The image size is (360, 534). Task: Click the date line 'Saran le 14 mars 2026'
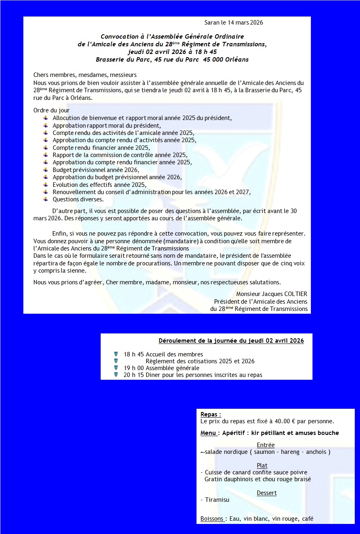click(234, 23)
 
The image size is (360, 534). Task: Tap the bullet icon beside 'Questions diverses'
click(46, 199)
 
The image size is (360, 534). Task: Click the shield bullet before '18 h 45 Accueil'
click(116, 354)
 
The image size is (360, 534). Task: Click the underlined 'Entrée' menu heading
click(265, 445)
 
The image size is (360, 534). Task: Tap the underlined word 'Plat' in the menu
click(262, 466)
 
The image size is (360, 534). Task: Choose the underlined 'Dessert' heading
click(267, 493)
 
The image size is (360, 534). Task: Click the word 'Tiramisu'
click(217, 500)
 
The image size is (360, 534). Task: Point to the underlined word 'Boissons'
click(212, 519)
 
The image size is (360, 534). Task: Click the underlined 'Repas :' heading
click(211, 414)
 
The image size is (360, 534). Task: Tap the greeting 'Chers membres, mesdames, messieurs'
click(85, 75)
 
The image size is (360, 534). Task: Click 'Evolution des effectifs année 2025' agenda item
click(99, 184)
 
